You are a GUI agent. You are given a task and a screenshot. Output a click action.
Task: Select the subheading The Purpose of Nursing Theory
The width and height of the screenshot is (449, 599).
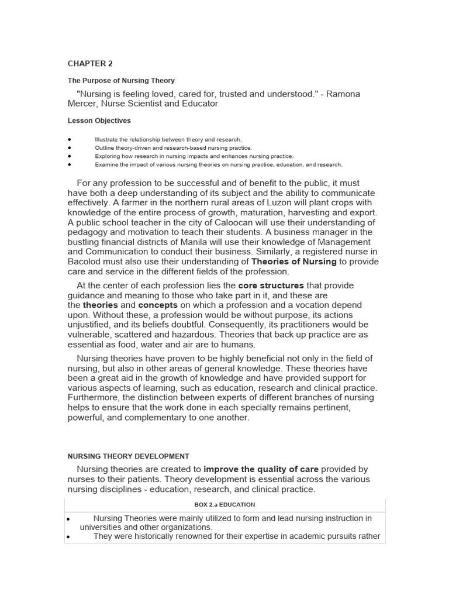[x=121, y=81]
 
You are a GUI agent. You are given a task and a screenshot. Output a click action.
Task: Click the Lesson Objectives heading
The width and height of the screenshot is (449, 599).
[x=99, y=121]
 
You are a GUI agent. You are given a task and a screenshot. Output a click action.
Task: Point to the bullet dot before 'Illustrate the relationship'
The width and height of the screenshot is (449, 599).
[x=70, y=140]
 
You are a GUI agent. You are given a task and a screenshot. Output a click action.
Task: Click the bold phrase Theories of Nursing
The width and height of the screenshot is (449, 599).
[x=293, y=261]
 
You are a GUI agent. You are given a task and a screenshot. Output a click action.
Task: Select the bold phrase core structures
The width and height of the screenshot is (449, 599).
[x=271, y=285]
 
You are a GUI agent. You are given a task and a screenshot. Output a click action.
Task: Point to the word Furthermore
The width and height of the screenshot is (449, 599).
[x=94, y=398]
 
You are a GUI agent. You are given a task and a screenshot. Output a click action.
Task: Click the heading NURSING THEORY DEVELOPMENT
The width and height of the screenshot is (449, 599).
[x=128, y=456]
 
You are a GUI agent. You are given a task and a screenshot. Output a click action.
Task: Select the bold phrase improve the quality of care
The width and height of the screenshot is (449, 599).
[x=261, y=469]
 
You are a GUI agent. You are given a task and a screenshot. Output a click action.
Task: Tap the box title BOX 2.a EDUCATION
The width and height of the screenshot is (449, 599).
[x=224, y=504]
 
